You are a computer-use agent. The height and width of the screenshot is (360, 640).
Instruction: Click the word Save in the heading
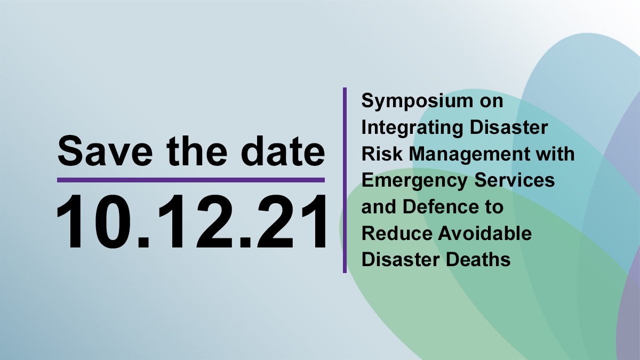tap(105, 151)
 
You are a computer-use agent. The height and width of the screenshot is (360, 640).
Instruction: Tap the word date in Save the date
tap(283, 151)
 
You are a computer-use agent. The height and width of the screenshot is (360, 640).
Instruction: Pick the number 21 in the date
tap(291, 221)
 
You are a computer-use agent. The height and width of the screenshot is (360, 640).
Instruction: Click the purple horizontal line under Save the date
tap(191, 180)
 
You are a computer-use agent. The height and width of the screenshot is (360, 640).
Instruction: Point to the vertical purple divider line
tap(345, 180)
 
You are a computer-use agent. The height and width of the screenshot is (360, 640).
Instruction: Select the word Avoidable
tap(485, 233)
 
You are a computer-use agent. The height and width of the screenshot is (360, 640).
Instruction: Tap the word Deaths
tap(478, 260)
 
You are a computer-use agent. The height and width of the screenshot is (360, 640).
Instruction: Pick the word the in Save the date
tap(197, 151)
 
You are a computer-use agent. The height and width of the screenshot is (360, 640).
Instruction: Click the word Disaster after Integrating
tap(509, 127)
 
